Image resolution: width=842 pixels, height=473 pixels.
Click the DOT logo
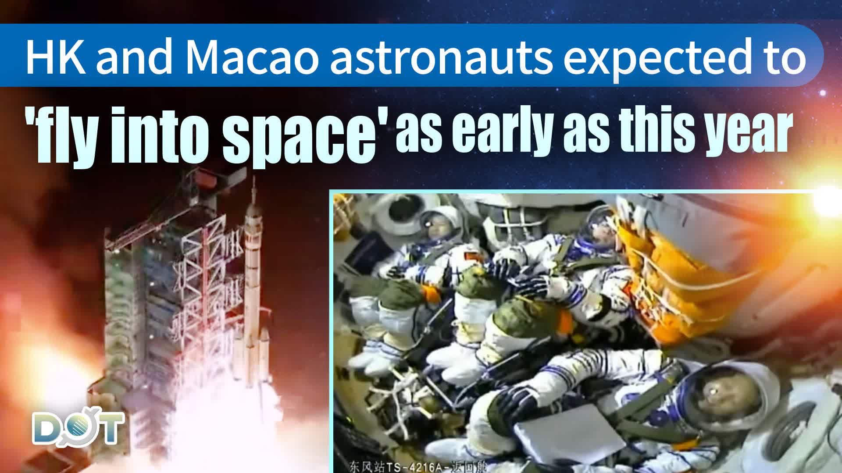(78, 427)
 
